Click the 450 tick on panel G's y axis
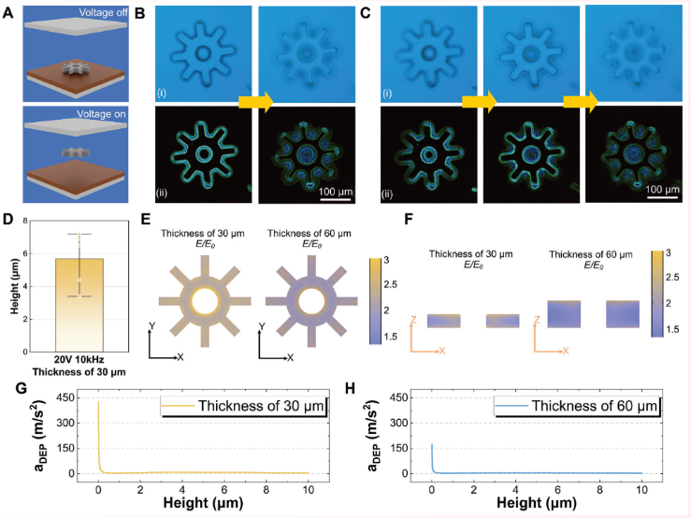click(x=78, y=397)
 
